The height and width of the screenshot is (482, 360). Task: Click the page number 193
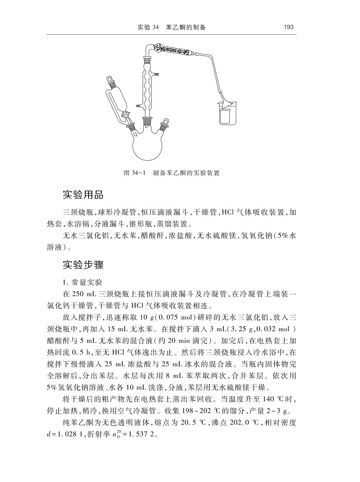[x=288, y=27]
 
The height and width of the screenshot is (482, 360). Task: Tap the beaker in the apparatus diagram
[x=226, y=115]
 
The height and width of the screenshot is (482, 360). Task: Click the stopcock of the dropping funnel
[x=125, y=115]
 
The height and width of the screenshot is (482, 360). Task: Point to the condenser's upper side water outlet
[x=156, y=73]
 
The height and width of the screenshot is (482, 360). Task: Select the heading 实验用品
[x=83, y=195]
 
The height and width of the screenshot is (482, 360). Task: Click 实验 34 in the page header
[x=148, y=27]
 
